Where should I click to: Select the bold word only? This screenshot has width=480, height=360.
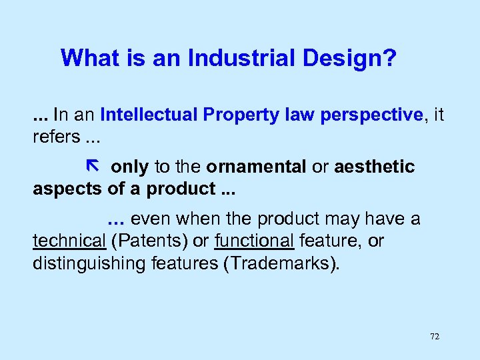(x=130, y=167)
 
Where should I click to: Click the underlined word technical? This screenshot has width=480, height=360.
(x=69, y=241)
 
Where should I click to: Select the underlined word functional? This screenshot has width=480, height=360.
(x=255, y=241)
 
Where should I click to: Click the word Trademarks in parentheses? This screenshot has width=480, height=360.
(x=280, y=263)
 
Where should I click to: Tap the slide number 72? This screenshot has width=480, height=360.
(x=435, y=337)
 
